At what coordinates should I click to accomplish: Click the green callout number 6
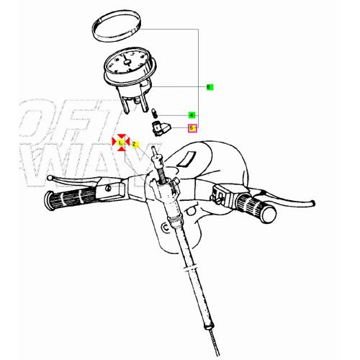209,87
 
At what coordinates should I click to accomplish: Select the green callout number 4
192,115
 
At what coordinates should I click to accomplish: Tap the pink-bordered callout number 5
192,128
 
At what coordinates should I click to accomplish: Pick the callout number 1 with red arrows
121,143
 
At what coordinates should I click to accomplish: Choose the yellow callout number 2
134,143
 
